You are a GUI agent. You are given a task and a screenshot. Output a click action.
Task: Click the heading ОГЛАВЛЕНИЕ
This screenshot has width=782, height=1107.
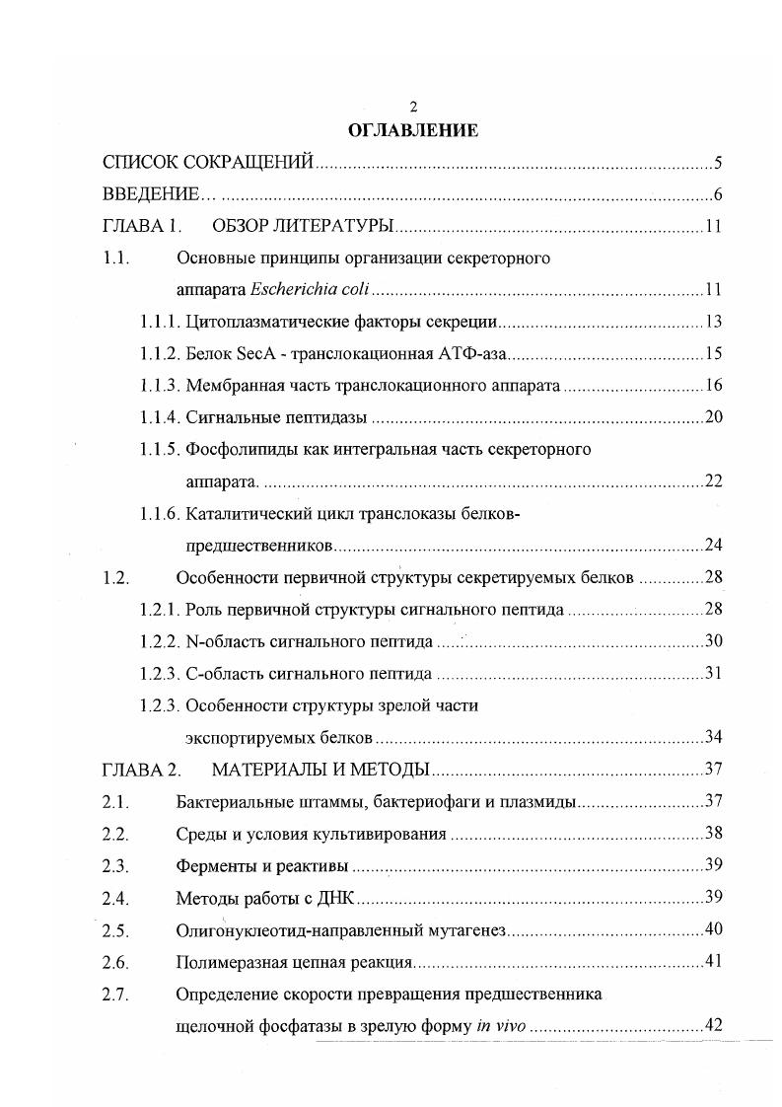(x=413, y=130)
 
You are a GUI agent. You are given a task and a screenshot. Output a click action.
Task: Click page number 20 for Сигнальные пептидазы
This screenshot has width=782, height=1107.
(x=714, y=418)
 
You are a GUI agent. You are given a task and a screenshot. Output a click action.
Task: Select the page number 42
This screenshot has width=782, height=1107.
(x=714, y=1026)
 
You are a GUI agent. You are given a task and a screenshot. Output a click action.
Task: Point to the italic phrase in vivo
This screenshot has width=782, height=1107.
(x=501, y=1026)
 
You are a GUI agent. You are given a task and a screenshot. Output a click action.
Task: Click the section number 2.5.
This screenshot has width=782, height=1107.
(x=115, y=930)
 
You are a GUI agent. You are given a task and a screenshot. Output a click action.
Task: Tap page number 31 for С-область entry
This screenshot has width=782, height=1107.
(x=714, y=675)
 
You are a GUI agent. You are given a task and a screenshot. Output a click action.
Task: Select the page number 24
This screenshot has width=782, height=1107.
(x=714, y=546)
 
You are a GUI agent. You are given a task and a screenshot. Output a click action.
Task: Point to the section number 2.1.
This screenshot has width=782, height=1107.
(x=115, y=802)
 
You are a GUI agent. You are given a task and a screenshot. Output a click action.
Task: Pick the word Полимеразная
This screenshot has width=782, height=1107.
(x=225, y=962)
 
